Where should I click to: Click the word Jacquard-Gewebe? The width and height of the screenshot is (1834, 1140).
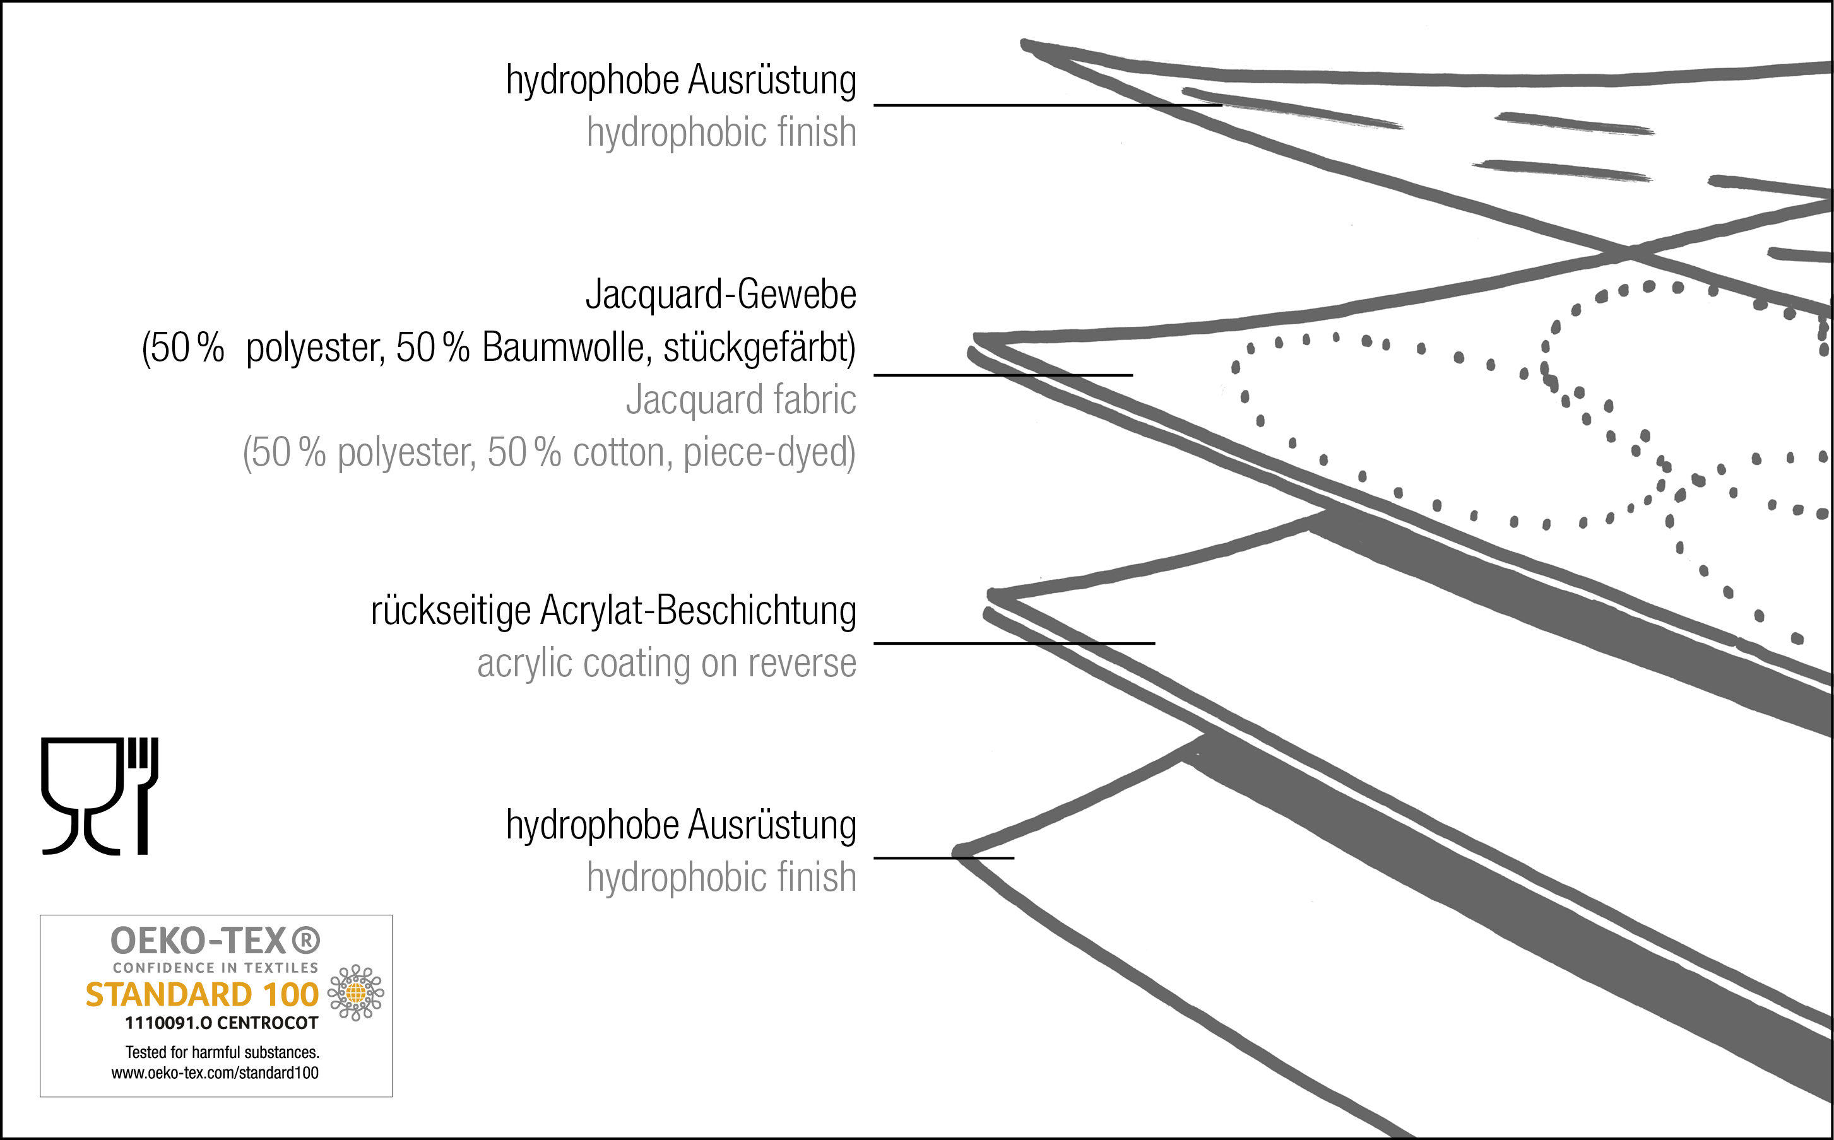coord(720,295)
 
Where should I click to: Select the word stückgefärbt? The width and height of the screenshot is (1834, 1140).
coord(759,348)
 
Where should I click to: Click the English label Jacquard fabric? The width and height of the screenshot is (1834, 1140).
coord(740,399)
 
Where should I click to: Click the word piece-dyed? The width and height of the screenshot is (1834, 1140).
coord(769,452)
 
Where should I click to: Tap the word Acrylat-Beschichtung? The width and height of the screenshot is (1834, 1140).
coord(698,611)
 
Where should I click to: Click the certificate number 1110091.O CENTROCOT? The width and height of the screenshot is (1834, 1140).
coord(221,1023)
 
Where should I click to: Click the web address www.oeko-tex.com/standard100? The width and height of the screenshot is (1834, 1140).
coord(215,1073)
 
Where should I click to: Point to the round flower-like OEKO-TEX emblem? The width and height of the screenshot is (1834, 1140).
coord(356,993)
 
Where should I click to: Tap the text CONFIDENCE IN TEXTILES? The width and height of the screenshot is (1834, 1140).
coord(216,967)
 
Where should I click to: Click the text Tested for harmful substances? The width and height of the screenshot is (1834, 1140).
coord(222,1052)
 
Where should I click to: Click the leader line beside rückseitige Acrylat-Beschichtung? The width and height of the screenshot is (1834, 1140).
coord(1014,643)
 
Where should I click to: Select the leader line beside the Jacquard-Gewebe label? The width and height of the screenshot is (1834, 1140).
coord(1003,375)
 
